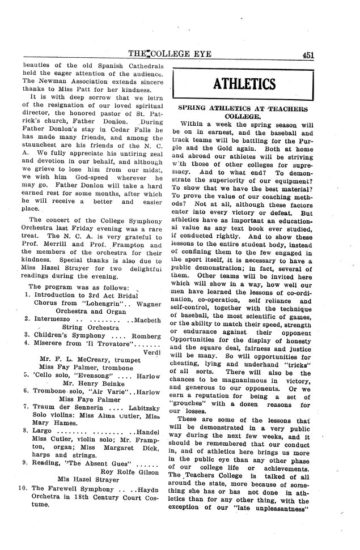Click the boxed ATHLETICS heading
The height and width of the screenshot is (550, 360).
244,84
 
